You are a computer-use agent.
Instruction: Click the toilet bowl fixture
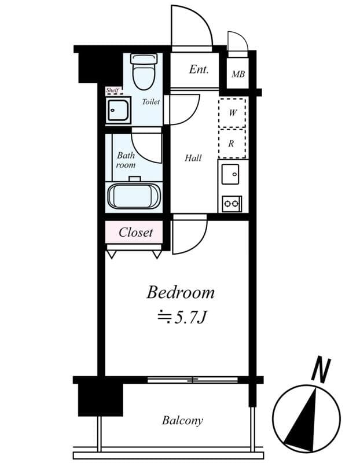tap(145, 72)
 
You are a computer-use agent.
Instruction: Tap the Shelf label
tap(112, 90)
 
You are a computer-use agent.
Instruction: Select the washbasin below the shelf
tap(118, 110)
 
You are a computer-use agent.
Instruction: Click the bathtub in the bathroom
tap(134, 196)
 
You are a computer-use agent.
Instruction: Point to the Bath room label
tap(126, 160)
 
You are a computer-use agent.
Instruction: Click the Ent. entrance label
tap(199, 69)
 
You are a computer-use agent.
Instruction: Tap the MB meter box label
tap(238, 74)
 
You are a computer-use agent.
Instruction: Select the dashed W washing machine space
tap(232, 113)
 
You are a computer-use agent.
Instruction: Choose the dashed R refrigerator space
tap(232, 144)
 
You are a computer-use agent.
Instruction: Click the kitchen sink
tap(230, 174)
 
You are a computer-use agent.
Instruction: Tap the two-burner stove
tap(232, 204)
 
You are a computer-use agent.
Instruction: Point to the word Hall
tap(193, 158)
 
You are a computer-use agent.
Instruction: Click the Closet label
tap(135, 233)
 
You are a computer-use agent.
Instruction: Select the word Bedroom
tap(181, 293)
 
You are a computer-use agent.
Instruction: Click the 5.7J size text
tap(181, 317)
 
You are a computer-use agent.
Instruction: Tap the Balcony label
tap(182, 421)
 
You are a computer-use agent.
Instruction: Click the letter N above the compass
tap(321, 369)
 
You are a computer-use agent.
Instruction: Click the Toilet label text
tap(150, 102)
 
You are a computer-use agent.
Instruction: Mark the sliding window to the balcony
tap(193, 380)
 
